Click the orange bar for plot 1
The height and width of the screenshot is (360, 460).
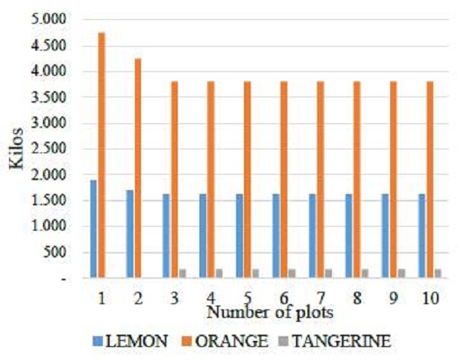click(x=101, y=153)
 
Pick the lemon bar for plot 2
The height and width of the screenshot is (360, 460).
click(x=130, y=234)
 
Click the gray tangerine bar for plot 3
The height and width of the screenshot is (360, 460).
click(x=183, y=273)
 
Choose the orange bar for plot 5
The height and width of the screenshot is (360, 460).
click(x=247, y=179)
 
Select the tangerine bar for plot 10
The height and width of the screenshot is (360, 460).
click(x=439, y=273)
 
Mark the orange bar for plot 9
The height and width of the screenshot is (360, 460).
click(x=393, y=179)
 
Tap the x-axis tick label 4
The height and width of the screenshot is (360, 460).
click(x=211, y=297)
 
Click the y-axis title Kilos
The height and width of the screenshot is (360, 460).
click(x=17, y=149)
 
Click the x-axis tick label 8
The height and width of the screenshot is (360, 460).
click(x=356, y=297)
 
